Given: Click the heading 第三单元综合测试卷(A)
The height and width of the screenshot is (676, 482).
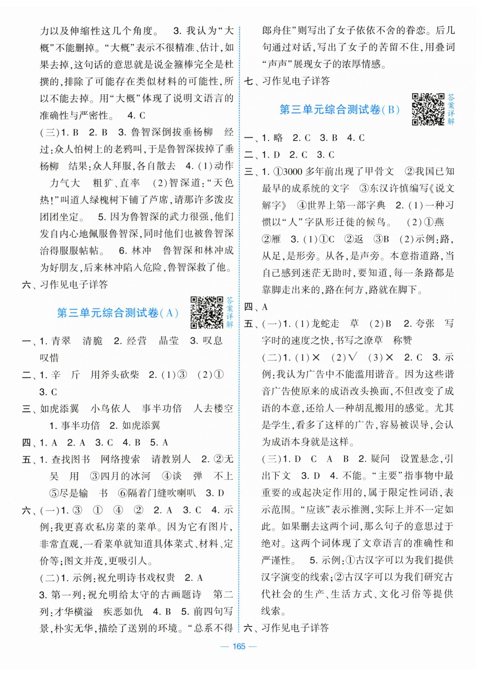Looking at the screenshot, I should coord(118,313).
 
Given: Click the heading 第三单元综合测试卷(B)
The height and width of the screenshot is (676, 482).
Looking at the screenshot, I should coord(340,110).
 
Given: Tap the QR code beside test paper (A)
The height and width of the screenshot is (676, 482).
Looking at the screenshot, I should coord(206,312).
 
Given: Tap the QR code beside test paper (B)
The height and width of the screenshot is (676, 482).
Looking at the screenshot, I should coord(428,109).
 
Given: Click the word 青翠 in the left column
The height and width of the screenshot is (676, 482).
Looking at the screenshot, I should coord(61,341).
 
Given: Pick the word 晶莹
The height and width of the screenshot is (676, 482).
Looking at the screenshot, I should coord(169,341).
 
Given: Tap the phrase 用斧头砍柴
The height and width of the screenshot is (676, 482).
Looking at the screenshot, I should coord(114,375).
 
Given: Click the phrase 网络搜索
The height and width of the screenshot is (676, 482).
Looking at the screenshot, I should coord(120,459).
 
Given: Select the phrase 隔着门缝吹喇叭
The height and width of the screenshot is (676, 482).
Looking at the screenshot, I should coord(162,493).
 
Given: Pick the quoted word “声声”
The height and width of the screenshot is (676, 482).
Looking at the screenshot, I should coord(278,64).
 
